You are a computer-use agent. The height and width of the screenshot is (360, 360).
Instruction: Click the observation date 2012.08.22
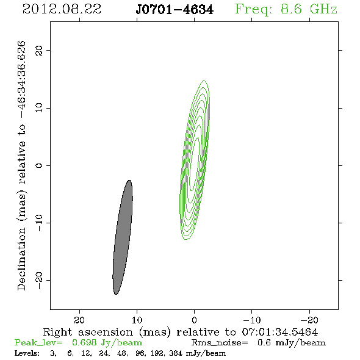pyautogui.click(x=62, y=9)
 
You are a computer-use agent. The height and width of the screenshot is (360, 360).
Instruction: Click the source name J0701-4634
pyautogui.click(x=175, y=10)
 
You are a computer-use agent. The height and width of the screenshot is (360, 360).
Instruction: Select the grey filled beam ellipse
pyautogui.click(x=123, y=237)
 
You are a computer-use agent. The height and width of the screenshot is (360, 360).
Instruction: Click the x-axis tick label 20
pyautogui.click(x=79, y=320)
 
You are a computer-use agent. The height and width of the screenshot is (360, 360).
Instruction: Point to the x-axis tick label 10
pyautogui.click(x=137, y=320)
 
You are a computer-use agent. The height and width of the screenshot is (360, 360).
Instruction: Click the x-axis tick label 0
pyautogui.click(x=195, y=320)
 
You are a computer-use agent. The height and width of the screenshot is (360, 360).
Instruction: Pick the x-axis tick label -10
pyautogui.click(x=252, y=320)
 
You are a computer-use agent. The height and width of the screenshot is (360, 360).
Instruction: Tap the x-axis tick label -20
pyautogui.click(x=309, y=320)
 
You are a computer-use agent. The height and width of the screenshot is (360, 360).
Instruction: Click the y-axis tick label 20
pyautogui.click(x=39, y=50)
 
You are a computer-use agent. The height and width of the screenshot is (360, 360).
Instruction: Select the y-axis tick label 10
pyautogui.click(x=39, y=108)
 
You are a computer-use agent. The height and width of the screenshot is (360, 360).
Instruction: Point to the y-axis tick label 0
pyautogui.click(x=39, y=165)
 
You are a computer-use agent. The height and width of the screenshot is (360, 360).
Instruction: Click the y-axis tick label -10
pyautogui.click(x=39, y=223)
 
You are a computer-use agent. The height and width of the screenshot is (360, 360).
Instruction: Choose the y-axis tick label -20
pyautogui.click(x=39, y=280)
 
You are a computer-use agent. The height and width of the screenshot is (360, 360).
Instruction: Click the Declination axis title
pyautogui.click(x=21, y=165)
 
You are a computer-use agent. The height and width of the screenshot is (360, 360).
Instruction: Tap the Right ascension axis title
pyautogui.click(x=181, y=332)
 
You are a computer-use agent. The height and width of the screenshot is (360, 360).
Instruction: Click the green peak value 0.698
pyautogui.click(x=84, y=342)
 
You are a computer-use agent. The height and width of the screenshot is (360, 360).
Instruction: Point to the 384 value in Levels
pyautogui.click(x=176, y=353)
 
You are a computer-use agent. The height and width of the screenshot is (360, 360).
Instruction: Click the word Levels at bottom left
pyautogui.click(x=27, y=353)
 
